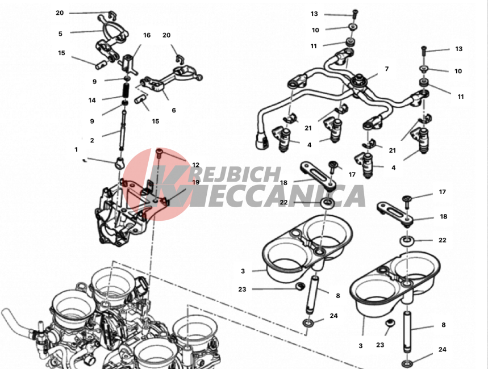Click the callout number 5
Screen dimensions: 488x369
point(60,33)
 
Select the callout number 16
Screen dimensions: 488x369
point(147,35)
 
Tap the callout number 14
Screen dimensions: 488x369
point(92,100)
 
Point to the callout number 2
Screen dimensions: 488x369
point(92,140)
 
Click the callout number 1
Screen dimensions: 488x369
point(76,149)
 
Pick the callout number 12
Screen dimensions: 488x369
point(196,165)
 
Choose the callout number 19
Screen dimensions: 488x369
point(196,182)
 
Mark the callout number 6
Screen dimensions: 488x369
point(174,110)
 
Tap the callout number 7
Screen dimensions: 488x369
point(387,69)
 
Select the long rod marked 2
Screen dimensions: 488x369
point(122,131)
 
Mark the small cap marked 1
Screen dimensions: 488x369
point(119,162)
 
